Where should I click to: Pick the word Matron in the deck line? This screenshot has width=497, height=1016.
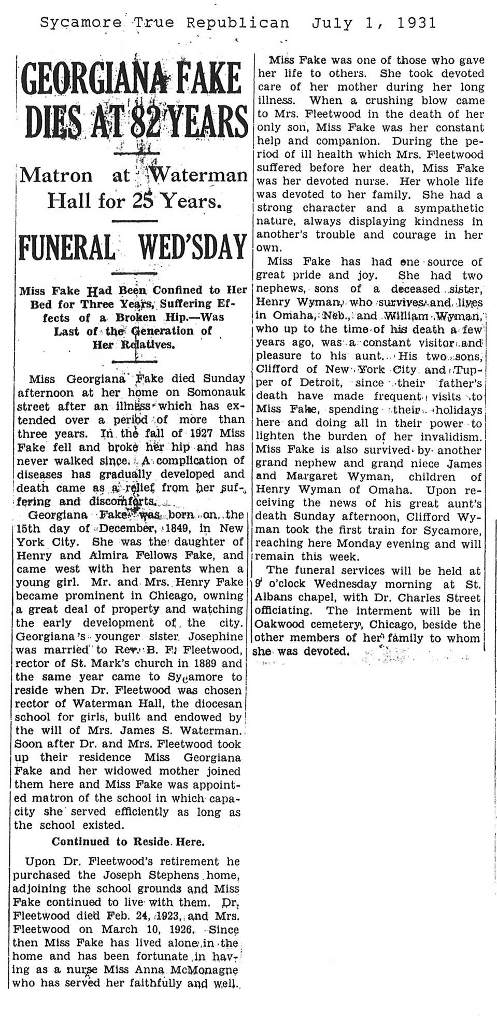click(x=55, y=175)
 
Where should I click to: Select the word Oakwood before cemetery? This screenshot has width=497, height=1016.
click(x=280, y=625)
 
